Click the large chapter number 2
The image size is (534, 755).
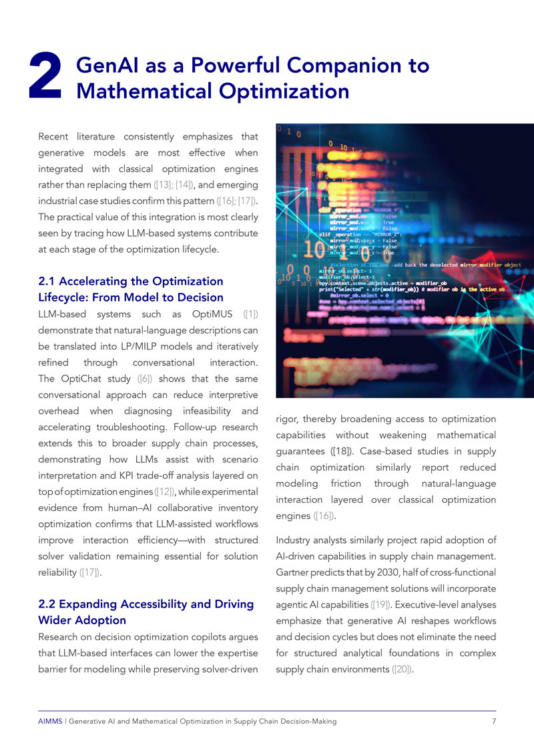47,80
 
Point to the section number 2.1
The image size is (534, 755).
49,281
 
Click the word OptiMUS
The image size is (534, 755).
216,313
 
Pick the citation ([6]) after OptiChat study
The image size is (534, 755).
144,378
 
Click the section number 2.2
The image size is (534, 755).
49,604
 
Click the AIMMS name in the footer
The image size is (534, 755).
50,722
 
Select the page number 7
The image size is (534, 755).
493,722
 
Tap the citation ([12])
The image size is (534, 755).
166,492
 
